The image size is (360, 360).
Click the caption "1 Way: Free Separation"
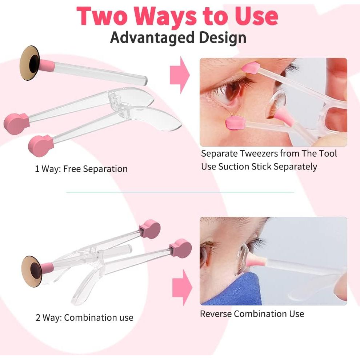coord(81,169)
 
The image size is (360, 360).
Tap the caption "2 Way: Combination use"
coord(84,317)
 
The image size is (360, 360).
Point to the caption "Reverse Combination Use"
coord(252,313)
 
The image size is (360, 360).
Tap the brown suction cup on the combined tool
coord(32,271)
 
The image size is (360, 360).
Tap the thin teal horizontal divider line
coord(180,192)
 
